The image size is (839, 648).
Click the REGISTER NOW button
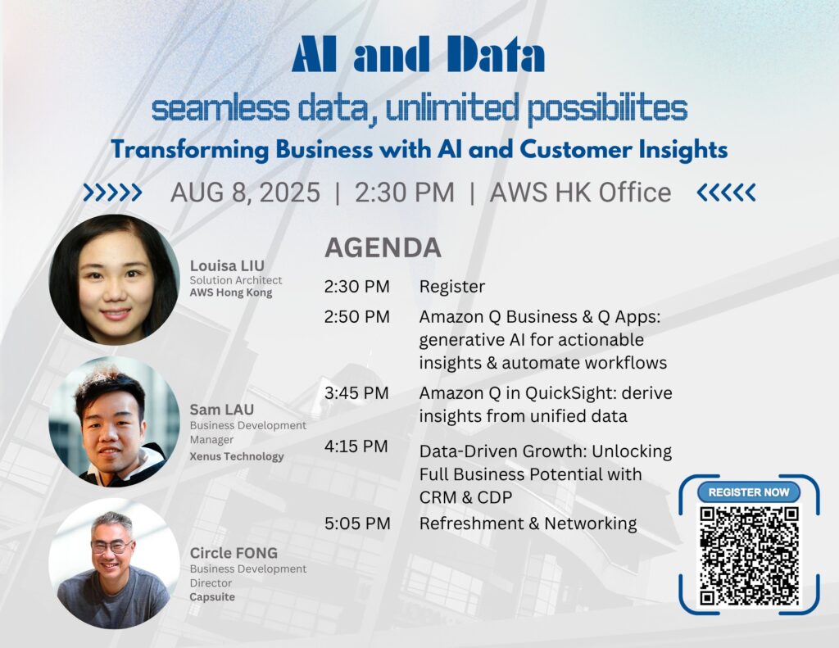click(749, 492)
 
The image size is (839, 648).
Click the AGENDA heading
click(383, 247)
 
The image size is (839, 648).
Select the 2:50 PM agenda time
click(357, 317)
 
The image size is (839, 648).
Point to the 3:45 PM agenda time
click(356, 393)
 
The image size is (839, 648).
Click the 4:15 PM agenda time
click(356, 446)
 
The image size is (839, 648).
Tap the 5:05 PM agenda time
click(357, 523)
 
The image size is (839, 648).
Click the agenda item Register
click(452, 288)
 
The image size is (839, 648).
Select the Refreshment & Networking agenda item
click(528, 523)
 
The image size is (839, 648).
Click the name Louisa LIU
click(227, 266)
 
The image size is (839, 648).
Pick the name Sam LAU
click(221, 410)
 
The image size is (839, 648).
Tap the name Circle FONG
click(234, 553)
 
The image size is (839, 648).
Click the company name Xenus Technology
click(237, 456)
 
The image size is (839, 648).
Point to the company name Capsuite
click(212, 597)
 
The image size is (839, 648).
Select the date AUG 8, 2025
click(245, 193)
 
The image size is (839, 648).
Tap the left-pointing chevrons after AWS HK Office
click(726, 193)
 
